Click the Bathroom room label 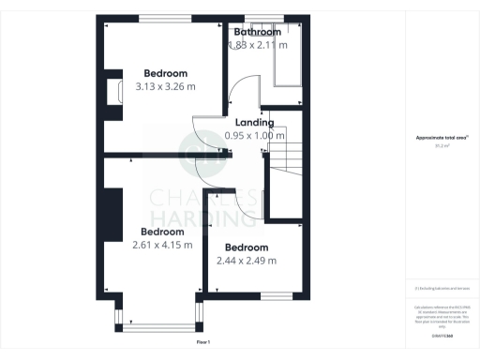(x=257, y=32)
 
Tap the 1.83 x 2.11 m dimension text (x=257, y=44)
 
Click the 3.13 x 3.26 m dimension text (x=165, y=86)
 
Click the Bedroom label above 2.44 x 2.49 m (x=251, y=247)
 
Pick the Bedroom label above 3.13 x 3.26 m (x=165, y=73)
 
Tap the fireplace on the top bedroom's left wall (x=113, y=92)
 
